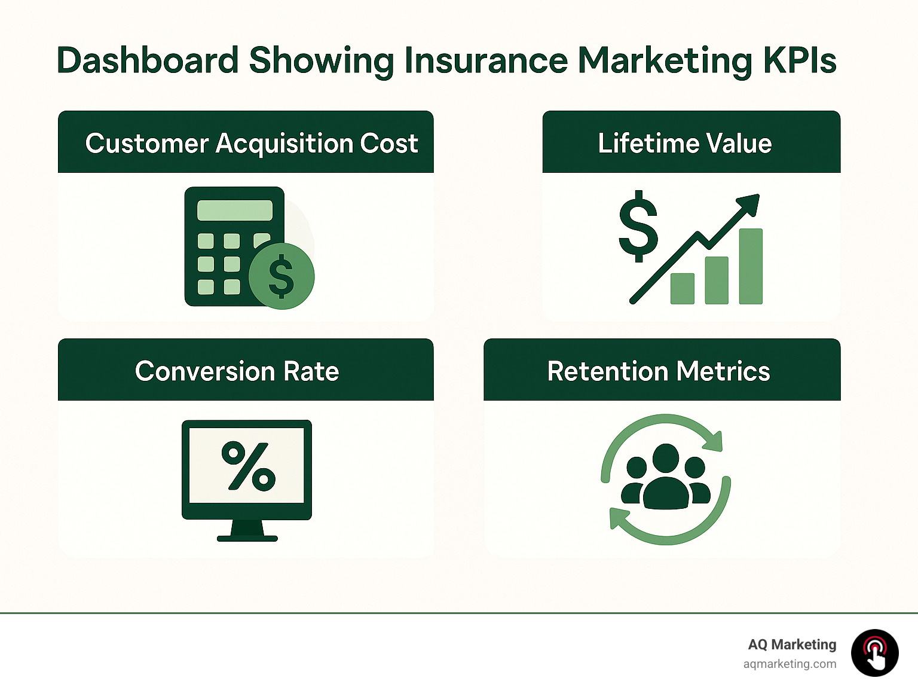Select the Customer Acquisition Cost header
251,144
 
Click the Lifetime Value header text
685,144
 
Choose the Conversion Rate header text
237,371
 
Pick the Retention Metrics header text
659,371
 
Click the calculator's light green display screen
234,210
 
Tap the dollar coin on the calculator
281,276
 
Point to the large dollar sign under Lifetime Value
638,227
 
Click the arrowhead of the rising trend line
749,204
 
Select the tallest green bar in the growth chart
751,266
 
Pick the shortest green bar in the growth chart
682,289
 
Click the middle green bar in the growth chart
717,280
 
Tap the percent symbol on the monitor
248,466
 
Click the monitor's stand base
247,538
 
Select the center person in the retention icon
666,478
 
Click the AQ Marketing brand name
792,645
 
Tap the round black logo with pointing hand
874,653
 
